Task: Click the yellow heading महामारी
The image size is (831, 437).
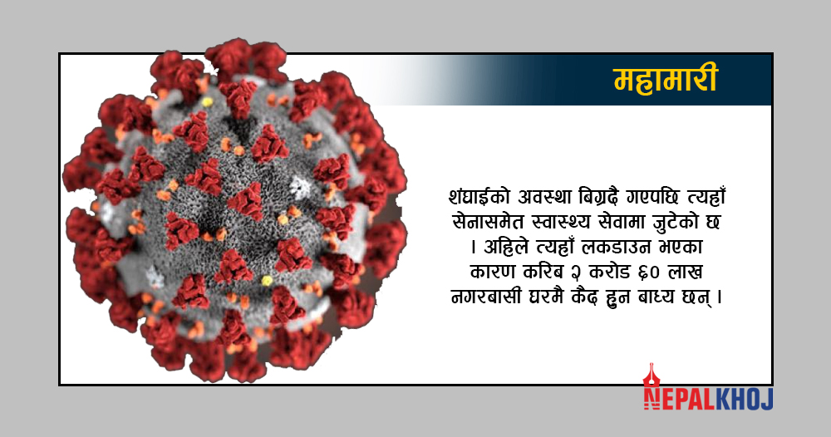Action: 666,79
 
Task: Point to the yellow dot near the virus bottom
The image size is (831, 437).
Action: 267,280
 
